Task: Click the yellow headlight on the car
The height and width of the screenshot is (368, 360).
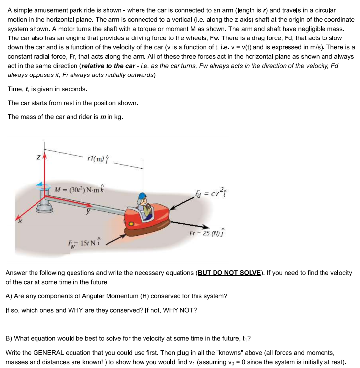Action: click(132, 224)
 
